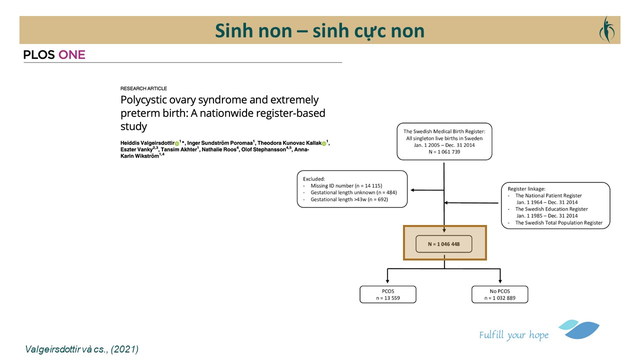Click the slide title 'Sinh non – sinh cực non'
pos(319,30)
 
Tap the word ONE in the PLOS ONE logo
pos(72,55)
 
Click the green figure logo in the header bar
pos(606,29)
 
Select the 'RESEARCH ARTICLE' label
pos(143,88)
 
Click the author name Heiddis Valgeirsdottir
pos(147,143)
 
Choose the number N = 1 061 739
pos(444,152)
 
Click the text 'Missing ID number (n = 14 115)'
pos(346,186)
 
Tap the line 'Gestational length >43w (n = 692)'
pos(349,199)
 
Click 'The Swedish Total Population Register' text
pos(558,223)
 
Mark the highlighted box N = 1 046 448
pos(444,243)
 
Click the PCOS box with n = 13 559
pos(387,294)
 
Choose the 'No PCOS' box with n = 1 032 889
pos(499,294)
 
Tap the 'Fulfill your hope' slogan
pos(513,335)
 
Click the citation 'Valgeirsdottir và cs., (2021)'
pos(81,349)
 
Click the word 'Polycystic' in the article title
pos(143,99)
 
